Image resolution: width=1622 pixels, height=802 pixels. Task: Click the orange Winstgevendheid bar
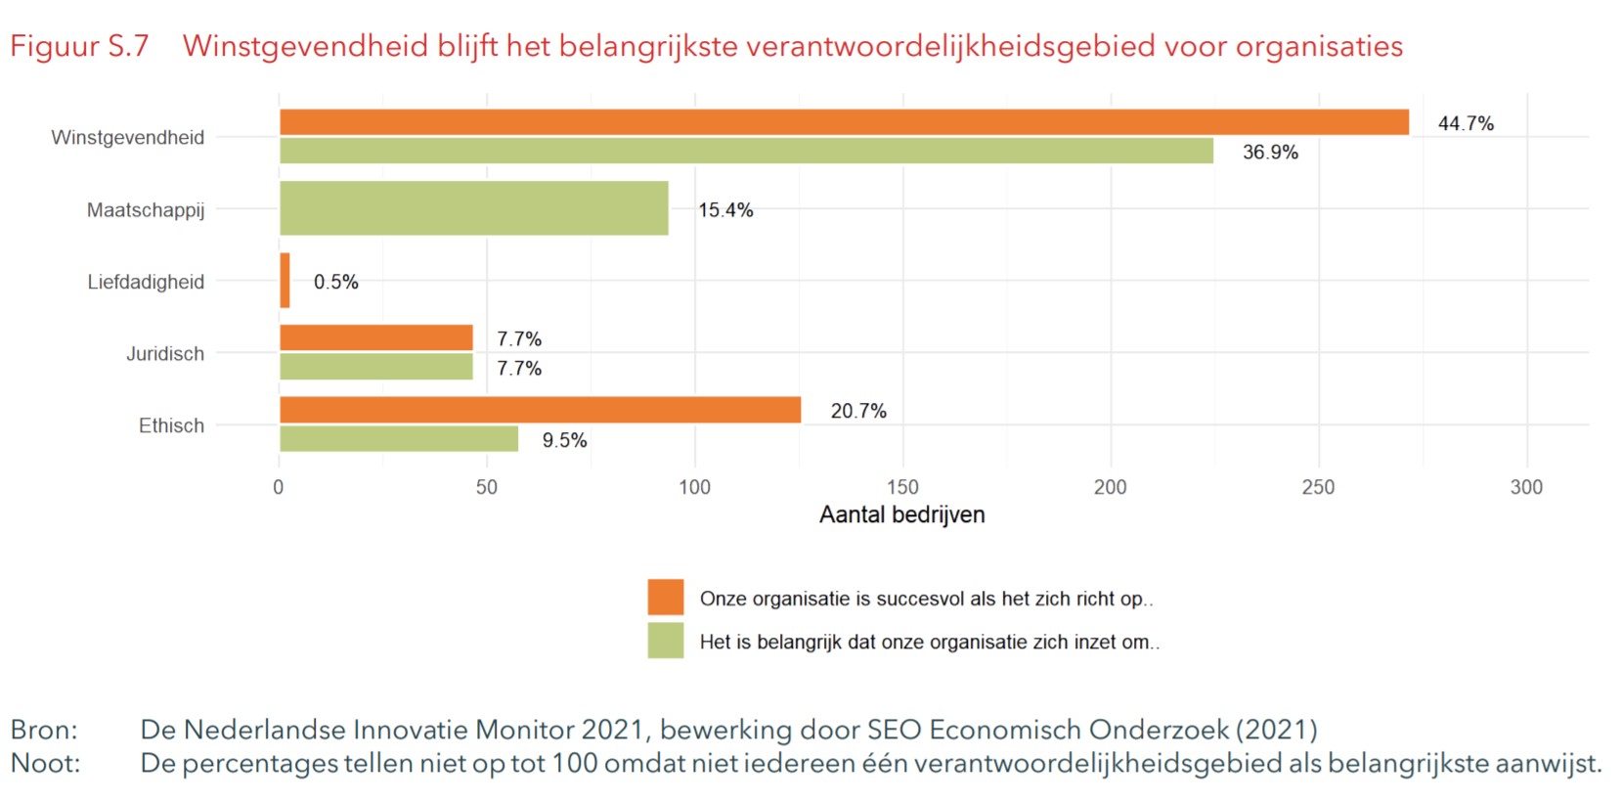(x=844, y=122)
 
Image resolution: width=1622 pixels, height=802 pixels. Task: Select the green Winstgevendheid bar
(x=746, y=151)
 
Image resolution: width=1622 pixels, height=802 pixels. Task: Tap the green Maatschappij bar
(x=474, y=208)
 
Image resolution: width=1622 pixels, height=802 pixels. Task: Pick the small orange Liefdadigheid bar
(x=285, y=281)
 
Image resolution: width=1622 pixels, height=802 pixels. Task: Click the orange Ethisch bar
(x=540, y=410)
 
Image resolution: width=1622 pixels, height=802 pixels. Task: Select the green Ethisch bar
(x=399, y=439)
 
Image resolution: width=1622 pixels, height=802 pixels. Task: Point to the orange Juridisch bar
(x=376, y=337)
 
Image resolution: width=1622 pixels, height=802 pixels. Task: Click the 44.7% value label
(x=1466, y=123)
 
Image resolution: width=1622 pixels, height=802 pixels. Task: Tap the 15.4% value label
(x=725, y=210)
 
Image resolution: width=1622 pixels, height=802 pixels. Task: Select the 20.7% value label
(x=858, y=411)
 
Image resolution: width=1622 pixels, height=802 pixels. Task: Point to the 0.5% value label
(x=335, y=282)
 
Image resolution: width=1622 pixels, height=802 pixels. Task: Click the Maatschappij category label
(x=146, y=210)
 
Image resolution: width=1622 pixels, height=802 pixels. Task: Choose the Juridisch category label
(x=165, y=354)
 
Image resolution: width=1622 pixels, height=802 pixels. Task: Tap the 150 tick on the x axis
(x=902, y=487)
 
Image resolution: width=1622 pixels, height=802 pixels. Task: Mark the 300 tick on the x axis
(x=1525, y=487)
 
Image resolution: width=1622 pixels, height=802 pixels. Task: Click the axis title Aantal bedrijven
(x=901, y=514)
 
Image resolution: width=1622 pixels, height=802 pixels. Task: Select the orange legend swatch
(x=665, y=597)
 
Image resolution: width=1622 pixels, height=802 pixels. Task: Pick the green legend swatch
(x=665, y=641)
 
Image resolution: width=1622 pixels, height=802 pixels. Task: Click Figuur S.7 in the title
(x=79, y=46)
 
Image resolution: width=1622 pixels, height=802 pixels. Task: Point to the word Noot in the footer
(x=45, y=763)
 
